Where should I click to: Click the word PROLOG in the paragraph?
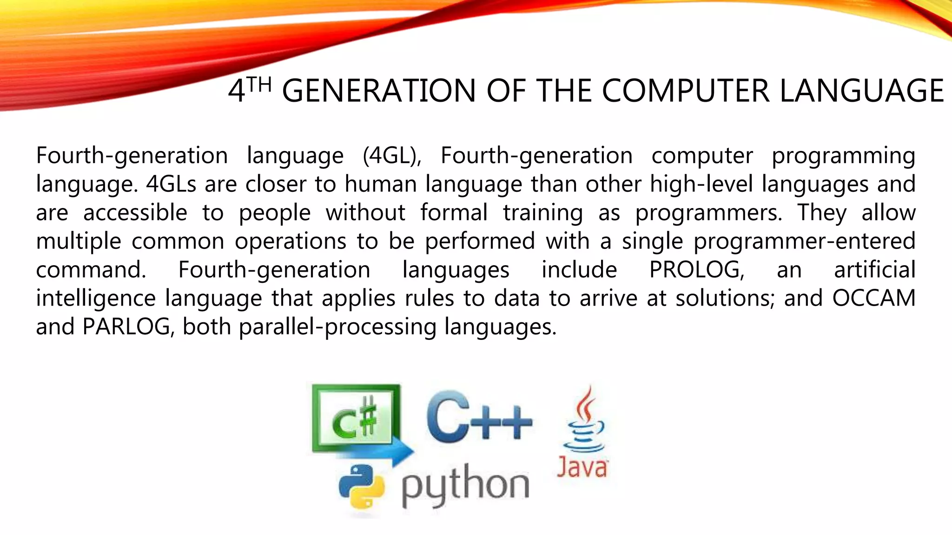point(696,270)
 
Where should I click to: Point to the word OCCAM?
point(873,298)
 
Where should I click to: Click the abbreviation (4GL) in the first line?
point(391,156)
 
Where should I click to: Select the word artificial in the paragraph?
point(874,270)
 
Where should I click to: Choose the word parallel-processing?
point(337,327)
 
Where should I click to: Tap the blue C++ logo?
point(479,417)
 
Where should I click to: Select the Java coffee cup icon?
point(585,420)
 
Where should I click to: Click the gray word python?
point(465,485)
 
